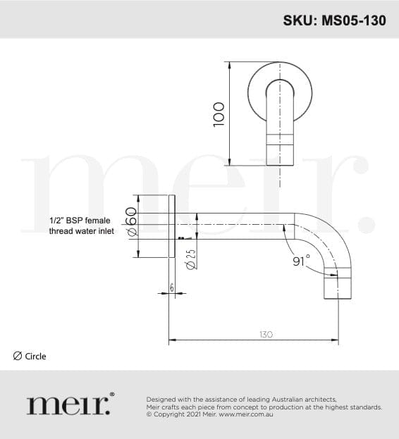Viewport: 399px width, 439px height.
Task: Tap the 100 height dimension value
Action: click(219, 114)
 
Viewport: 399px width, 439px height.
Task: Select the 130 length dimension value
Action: click(266, 334)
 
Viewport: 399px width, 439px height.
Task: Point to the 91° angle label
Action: click(302, 261)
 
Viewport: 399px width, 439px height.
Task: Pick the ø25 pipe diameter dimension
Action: click(191, 259)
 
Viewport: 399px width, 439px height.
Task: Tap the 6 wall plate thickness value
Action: click(171, 287)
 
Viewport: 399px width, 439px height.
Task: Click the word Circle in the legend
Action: click(35, 356)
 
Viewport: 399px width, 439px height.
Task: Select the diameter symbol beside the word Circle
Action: click(18, 356)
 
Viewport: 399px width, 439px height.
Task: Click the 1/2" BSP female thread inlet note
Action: click(82, 225)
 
